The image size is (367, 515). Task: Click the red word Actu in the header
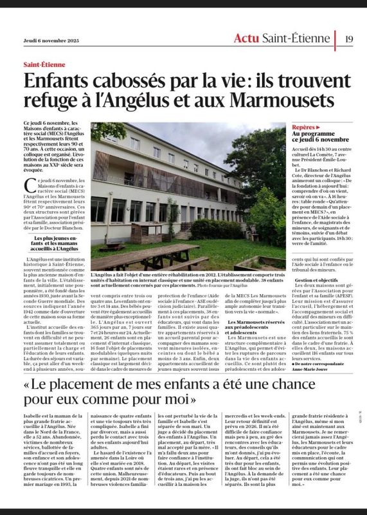click(x=249, y=38)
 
